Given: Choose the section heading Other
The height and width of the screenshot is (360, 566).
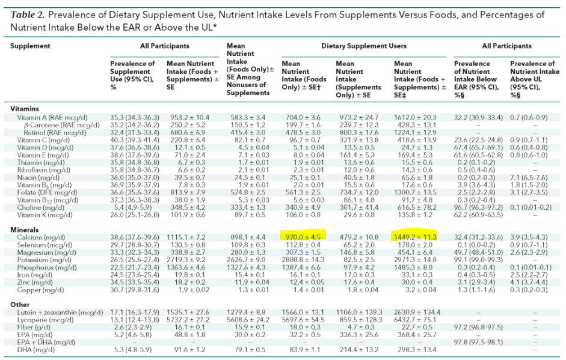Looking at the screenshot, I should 20,305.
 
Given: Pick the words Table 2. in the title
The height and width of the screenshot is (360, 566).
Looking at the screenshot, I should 30,14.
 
